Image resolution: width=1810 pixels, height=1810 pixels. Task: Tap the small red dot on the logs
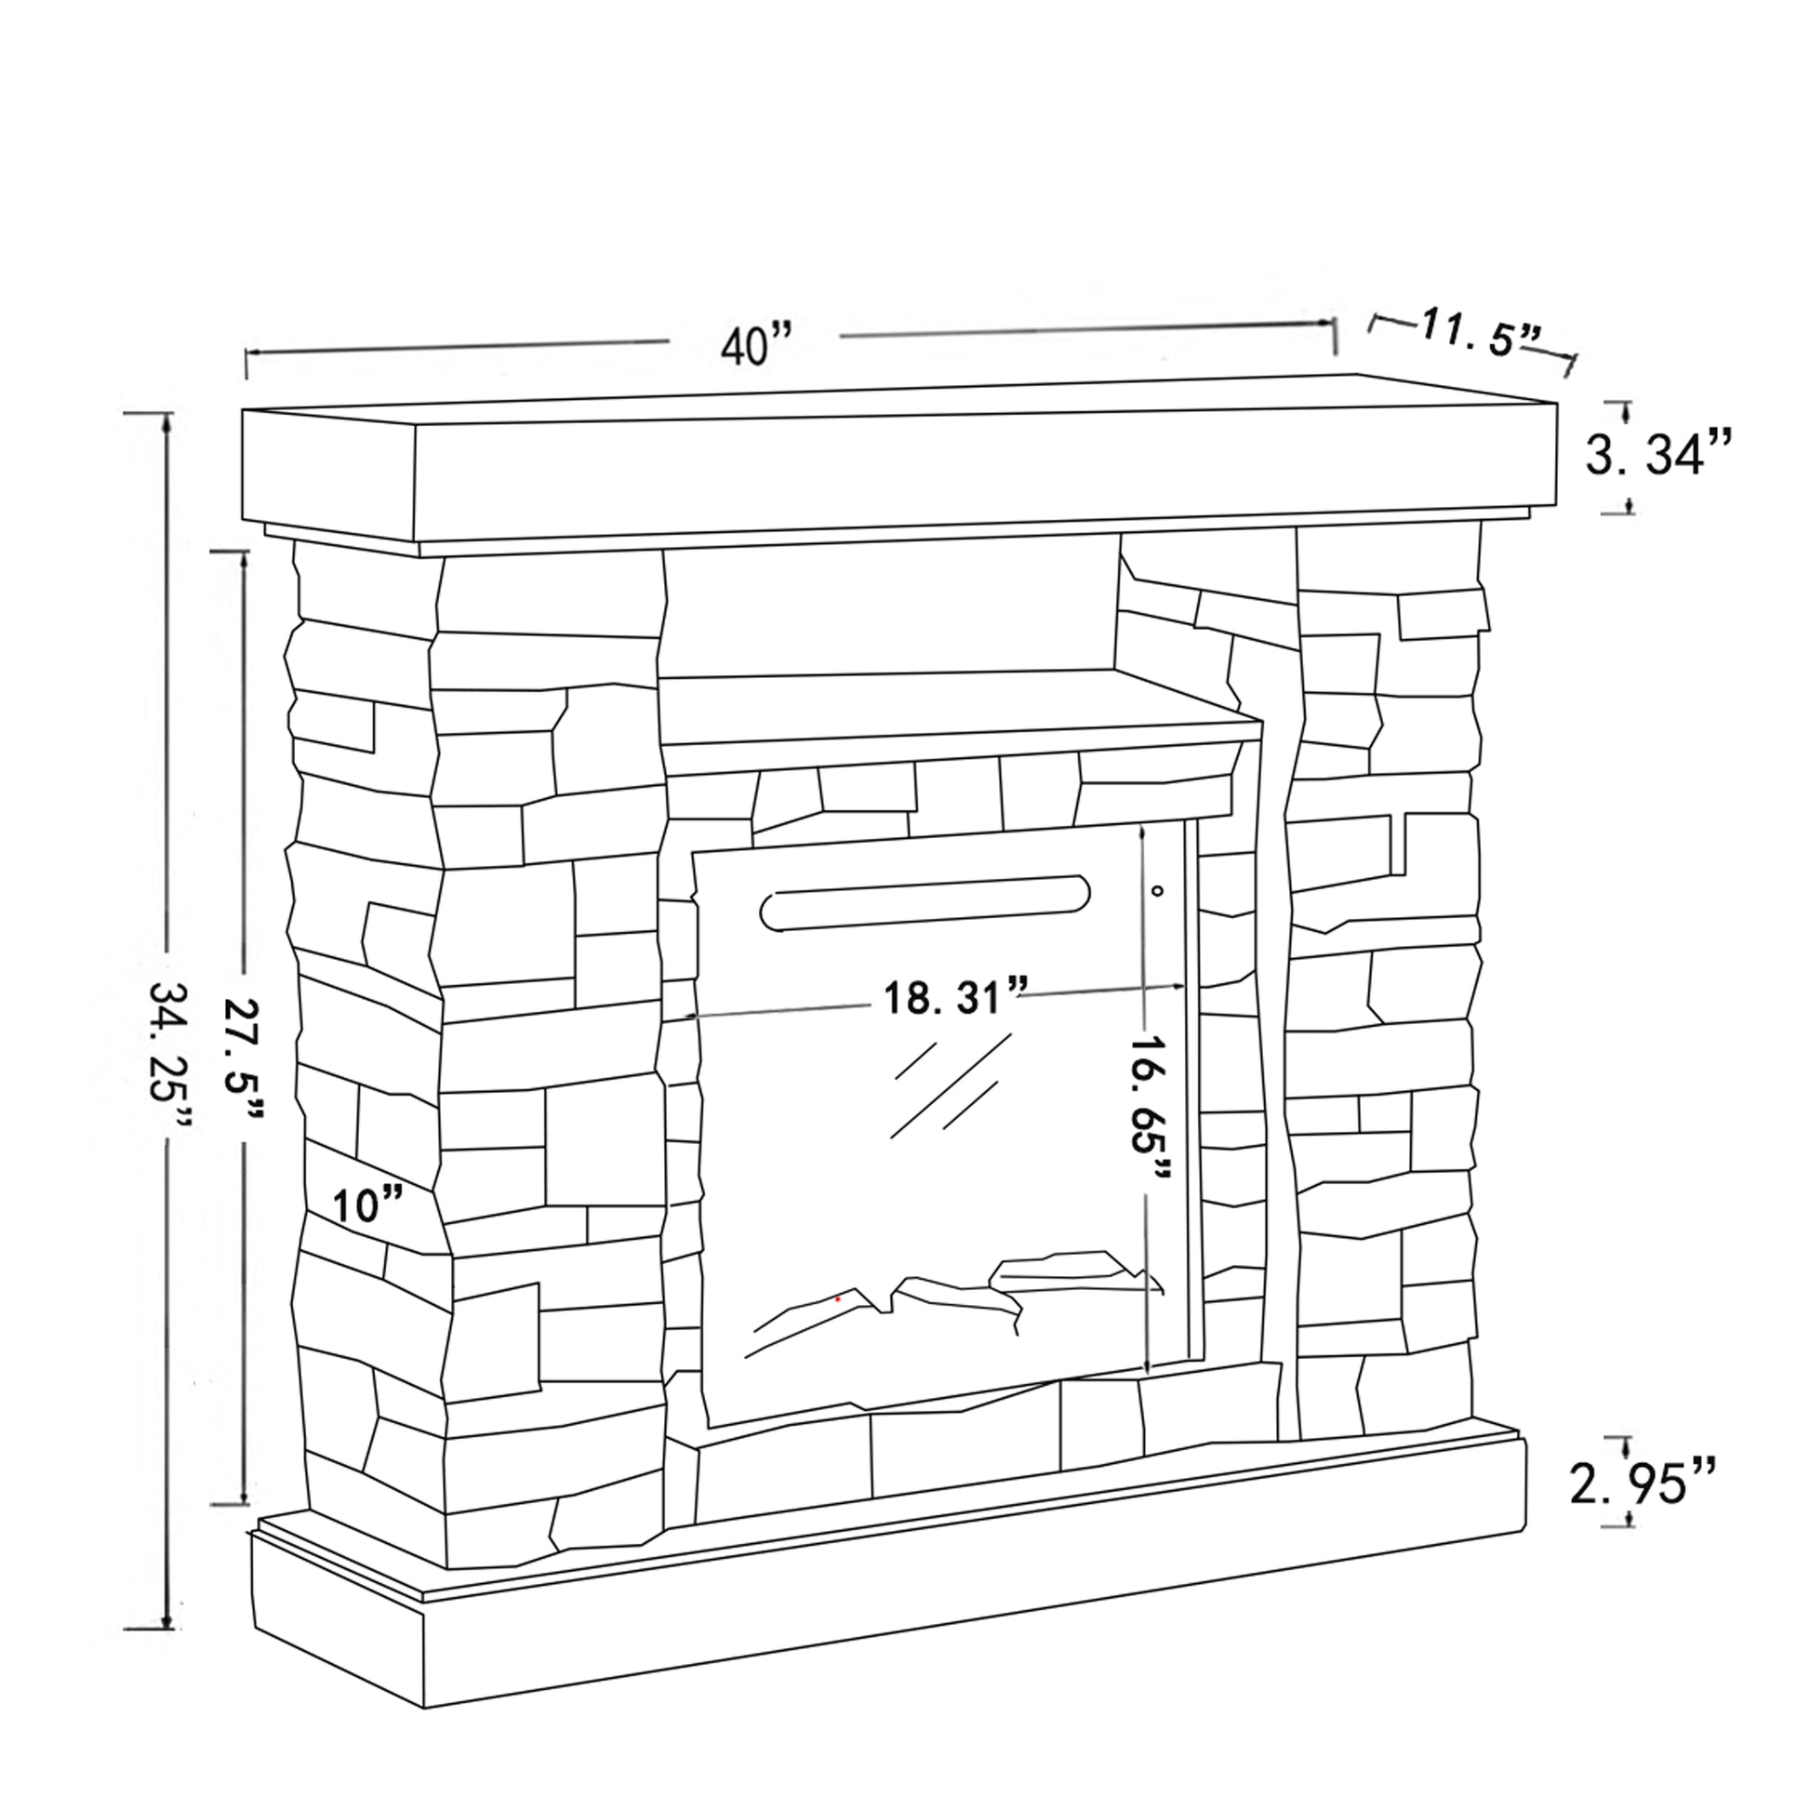pyautogui.click(x=837, y=1299)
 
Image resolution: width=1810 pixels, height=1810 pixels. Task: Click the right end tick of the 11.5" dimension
pyautogui.click(x=1574, y=365)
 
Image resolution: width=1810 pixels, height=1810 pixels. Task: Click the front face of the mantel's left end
pyautogui.click(x=330, y=475)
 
